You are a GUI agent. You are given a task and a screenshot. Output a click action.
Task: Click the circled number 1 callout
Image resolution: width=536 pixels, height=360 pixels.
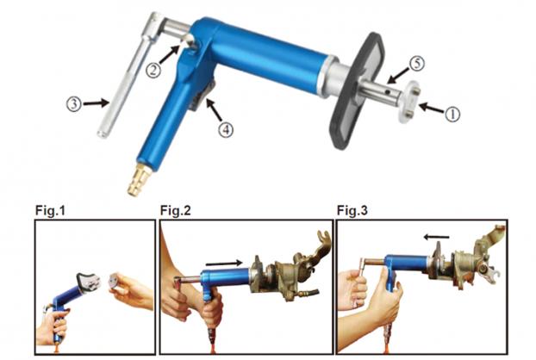(452, 114)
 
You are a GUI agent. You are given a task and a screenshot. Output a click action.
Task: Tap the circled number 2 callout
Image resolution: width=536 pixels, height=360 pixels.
(153, 70)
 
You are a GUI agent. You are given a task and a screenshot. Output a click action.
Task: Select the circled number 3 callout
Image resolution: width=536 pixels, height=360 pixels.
(74, 103)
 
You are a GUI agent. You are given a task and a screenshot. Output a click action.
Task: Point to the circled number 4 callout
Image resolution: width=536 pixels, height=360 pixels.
(226, 129)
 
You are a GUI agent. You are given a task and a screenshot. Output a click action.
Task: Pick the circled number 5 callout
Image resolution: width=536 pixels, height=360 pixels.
(417, 64)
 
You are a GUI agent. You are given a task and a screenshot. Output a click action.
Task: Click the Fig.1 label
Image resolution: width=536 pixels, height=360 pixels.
(50, 210)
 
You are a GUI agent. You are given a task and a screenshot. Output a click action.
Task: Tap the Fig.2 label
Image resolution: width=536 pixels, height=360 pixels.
(175, 210)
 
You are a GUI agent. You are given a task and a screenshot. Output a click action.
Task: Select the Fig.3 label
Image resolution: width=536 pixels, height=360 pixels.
(352, 210)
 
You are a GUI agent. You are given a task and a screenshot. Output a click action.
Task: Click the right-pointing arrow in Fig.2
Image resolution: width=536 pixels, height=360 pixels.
(224, 263)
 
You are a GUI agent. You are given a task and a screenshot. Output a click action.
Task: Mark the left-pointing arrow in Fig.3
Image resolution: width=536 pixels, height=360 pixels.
(437, 237)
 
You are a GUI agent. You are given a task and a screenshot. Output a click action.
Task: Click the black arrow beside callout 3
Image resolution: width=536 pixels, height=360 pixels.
(96, 102)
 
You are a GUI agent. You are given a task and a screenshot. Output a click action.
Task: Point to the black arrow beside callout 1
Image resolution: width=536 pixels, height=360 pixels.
(431, 109)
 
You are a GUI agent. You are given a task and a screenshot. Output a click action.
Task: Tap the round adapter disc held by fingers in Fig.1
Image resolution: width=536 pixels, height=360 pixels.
(117, 282)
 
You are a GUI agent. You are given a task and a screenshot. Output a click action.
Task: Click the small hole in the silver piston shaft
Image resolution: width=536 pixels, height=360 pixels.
(387, 92)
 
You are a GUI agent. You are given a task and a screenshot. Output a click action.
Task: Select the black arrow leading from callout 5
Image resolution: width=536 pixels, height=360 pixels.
(398, 76)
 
